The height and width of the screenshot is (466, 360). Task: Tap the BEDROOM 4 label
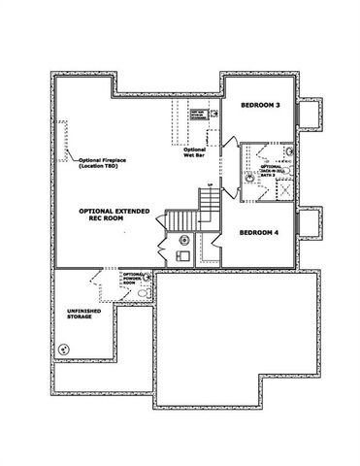[x=260, y=232]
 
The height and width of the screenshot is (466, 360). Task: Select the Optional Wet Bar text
[x=194, y=152]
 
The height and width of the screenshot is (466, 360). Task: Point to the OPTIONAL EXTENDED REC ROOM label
[x=114, y=214]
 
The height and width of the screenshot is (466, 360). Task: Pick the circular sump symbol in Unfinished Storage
[x=65, y=349]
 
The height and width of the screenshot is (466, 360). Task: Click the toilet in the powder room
[x=144, y=292]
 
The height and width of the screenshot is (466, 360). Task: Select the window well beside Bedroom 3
[x=310, y=114]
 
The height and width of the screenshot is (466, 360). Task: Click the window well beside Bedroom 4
[x=310, y=223]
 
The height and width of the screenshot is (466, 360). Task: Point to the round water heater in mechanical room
[x=183, y=241]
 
